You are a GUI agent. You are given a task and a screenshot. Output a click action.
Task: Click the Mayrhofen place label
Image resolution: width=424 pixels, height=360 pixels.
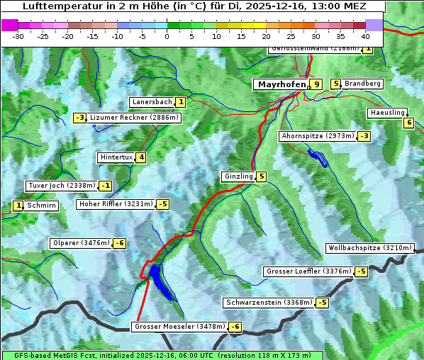point(281,84)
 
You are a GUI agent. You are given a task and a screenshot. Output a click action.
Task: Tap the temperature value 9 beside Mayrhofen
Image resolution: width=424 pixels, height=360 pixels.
point(316,84)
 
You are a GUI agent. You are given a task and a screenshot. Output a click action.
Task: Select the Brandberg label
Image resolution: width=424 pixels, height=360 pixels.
point(363,84)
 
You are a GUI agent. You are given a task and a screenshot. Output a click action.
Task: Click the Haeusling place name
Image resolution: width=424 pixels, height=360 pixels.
point(386,113)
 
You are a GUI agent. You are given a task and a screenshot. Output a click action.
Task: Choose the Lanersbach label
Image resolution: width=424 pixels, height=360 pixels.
point(152,102)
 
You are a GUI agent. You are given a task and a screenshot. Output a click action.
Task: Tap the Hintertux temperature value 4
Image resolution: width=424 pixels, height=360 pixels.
point(141,157)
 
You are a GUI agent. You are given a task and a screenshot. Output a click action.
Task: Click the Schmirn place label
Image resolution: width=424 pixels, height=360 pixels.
point(42,206)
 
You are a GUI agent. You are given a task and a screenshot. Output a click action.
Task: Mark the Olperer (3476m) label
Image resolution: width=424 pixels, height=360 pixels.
point(81,243)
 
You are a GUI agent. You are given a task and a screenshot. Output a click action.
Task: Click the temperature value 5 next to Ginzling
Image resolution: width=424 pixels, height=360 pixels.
point(262,176)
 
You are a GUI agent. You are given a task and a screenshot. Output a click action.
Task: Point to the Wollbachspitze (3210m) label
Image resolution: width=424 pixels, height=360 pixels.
point(369,248)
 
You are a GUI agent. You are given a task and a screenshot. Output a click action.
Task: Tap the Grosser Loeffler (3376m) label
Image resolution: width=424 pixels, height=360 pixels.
point(308,271)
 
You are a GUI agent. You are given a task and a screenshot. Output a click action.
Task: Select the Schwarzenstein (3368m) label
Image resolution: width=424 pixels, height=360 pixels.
point(268,303)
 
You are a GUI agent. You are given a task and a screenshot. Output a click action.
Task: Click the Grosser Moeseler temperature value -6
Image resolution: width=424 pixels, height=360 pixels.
point(235,327)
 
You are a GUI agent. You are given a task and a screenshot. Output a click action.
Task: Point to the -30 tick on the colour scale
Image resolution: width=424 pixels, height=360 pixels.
point(18,35)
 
